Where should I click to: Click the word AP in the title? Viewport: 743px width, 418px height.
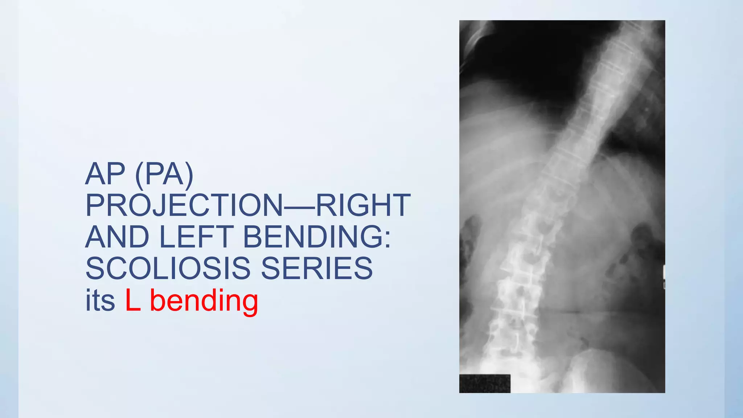click(x=105, y=174)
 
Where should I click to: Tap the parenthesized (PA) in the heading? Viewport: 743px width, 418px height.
click(x=164, y=175)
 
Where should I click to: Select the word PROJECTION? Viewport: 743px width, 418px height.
click(x=184, y=206)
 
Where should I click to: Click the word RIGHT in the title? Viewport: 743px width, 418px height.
click(x=363, y=205)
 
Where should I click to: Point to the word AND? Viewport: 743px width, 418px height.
click(x=117, y=237)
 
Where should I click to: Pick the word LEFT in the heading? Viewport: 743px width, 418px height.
click(x=196, y=237)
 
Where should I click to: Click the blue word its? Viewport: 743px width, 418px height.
click(x=100, y=300)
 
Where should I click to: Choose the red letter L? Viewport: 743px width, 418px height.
click(x=133, y=300)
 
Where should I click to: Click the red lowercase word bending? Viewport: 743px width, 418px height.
click(x=204, y=301)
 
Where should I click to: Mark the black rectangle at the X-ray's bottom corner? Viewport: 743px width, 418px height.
click(x=485, y=384)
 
